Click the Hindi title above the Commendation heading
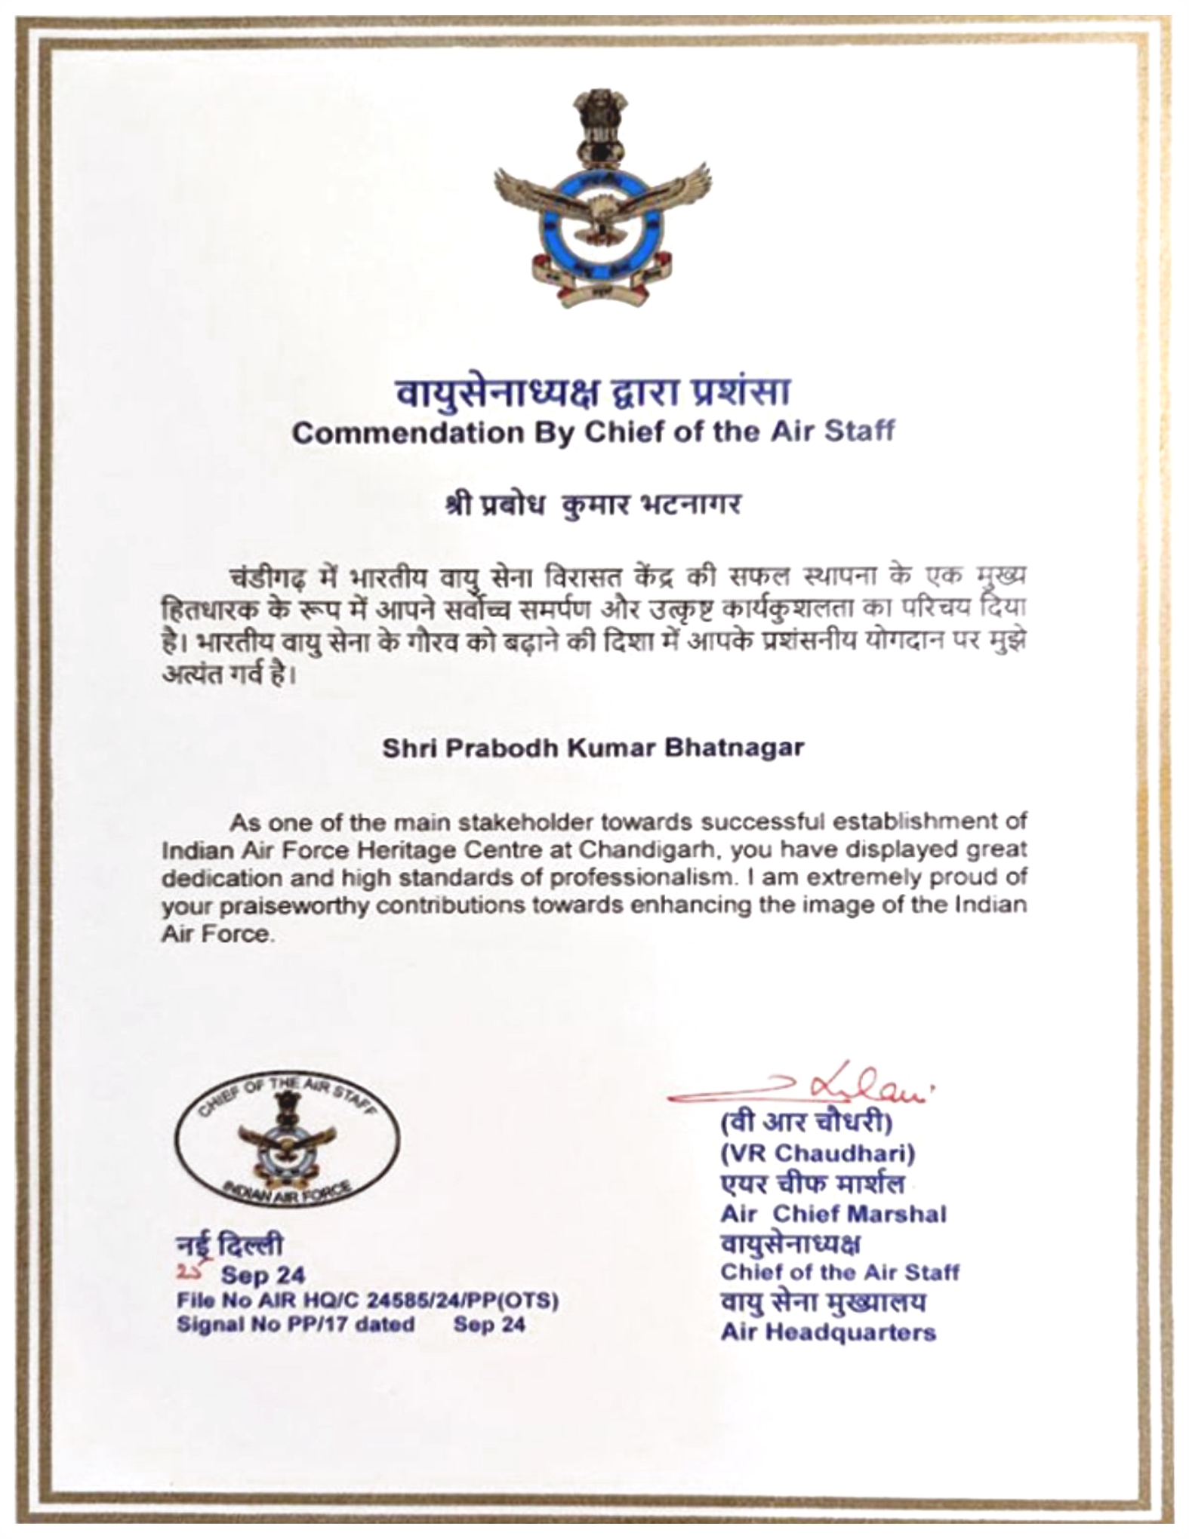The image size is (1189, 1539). [x=594, y=392]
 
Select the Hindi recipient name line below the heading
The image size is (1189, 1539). [x=593, y=503]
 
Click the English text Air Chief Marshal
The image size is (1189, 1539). [x=833, y=1213]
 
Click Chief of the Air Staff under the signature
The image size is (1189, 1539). [x=839, y=1272]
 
